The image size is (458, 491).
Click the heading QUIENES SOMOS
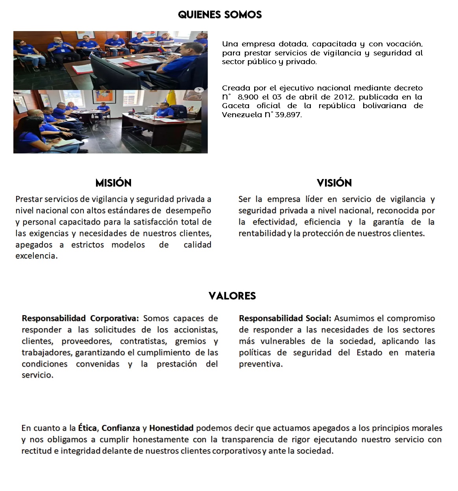coord(220,15)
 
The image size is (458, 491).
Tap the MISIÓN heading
coord(113,183)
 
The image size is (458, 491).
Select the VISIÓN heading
coord(334,183)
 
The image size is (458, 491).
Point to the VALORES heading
coord(232,296)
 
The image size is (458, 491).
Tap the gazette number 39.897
coord(288,115)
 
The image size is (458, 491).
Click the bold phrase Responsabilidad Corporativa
coord(80,318)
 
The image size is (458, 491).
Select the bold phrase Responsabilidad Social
coord(285,318)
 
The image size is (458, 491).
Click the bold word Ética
coord(87,428)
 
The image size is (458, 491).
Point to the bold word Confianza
coord(121,428)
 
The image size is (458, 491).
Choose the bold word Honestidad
coord(171,428)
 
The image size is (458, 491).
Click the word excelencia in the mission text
coord(36,256)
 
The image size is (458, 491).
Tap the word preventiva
coord(260,364)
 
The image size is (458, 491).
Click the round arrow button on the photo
coord(199,90)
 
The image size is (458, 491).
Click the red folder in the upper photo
coord(129,64)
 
